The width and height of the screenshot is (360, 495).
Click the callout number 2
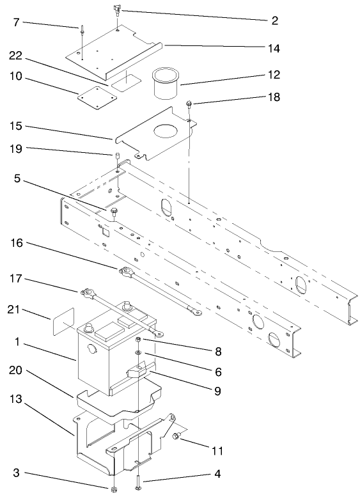(274, 20)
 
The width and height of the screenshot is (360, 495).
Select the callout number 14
(274, 49)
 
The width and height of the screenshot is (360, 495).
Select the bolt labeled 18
(190, 104)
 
